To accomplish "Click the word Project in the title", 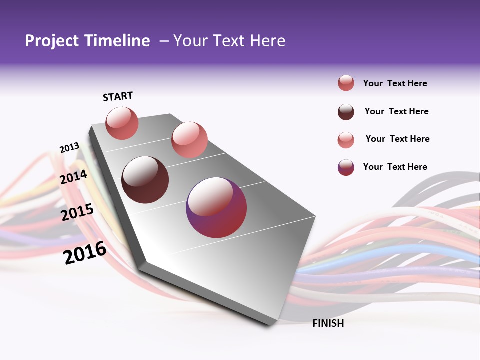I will click(51, 41).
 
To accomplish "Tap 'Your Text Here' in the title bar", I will click(229, 41).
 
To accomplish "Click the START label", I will click(118, 96).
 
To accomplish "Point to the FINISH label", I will click(328, 323).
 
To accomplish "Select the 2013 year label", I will click(69, 148).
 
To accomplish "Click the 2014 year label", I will click(74, 177).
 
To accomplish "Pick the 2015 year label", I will click(77, 212).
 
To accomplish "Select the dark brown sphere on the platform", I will click(145, 180).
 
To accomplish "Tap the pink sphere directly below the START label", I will click(122, 123).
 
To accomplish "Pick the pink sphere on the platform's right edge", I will click(189, 140).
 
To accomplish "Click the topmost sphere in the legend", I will click(346, 83).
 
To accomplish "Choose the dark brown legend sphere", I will click(346, 111).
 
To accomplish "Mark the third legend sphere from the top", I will click(346, 139).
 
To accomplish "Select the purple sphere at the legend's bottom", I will click(346, 167).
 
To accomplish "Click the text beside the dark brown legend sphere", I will click(396, 111).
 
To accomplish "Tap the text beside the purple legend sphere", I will click(395, 167).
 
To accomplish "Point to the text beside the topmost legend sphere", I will click(395, 83).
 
